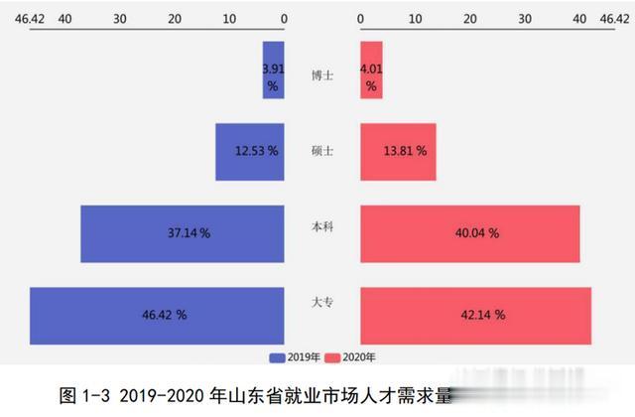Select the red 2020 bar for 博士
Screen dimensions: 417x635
click(371, 69)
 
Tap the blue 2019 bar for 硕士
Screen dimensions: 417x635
click(250, 152)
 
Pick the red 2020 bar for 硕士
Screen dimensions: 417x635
click(398, 152)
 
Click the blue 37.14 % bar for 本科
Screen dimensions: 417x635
click(183, 233)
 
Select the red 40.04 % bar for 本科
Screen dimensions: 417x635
click(469, 233)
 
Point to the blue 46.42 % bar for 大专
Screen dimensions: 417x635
click(157, 315)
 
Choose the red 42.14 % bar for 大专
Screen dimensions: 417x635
click(475, 315)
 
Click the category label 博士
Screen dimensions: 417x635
click(322, 73)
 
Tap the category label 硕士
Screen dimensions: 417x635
click(322, 151)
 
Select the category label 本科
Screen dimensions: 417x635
click(322, 226)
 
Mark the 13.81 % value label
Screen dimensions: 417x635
click(404, 152)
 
